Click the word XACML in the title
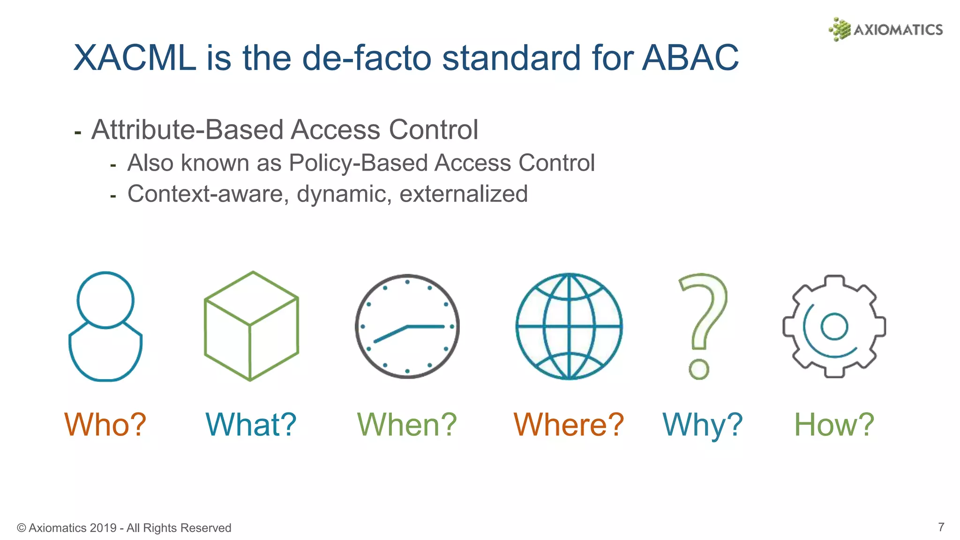click(135, 58)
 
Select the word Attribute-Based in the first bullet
click(187, 130)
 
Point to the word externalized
click(463, 194)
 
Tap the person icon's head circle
click(105, 300)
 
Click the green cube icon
click(251, 326)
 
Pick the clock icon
click(407, 326)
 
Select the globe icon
click(569, 326)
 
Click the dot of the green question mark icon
click(699, 369)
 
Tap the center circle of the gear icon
click(834, 326)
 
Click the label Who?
click(105, 425)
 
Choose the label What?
click(251, 425)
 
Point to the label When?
click(406, 425)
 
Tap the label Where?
click(569, 425)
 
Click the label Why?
click(702, 425)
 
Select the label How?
click(834, 425)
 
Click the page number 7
click(941, 527)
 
